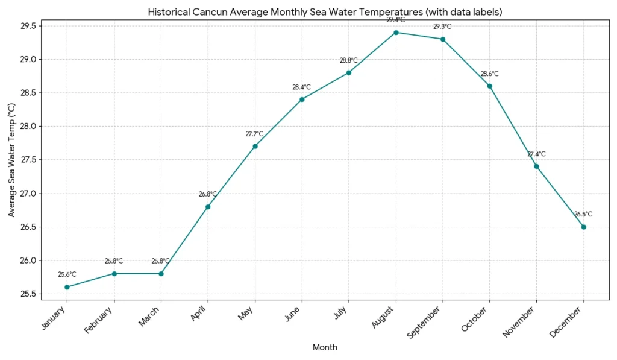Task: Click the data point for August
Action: click(x=396, y=33)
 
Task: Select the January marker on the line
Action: click(x=67, y=287)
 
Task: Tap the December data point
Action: click(x=583, y=227)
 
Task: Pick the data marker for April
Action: click(x=208, y=207)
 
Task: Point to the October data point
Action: click(x=489, y=86)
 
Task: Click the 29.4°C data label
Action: click(x=396, y=20)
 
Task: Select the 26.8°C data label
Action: click(x=208, y=194)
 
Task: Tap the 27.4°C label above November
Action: click(x=536, y=154)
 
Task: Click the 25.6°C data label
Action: click(x=67, y=274)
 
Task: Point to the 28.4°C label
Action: click(x=302, y=87)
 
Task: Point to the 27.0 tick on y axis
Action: click(x=28, y=194)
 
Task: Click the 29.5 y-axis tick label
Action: click(x=28, y=26)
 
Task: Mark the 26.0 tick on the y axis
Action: click(x=28, y=261)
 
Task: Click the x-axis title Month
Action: click(x=325, y=347)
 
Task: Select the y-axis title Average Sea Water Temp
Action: click(x=11, y=160)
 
